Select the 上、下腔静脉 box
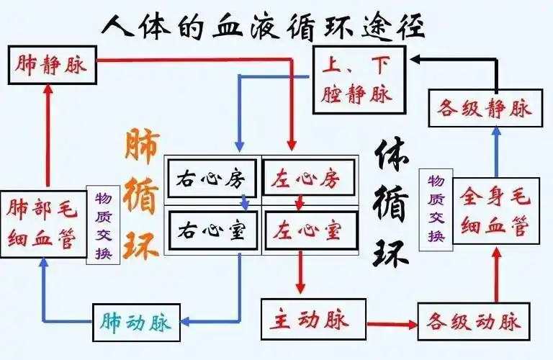pyautogui.click(x=359, y=79)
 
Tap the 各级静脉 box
pyautogui.click(x=484, y=108)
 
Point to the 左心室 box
pyautogui.click(x=310, y=230)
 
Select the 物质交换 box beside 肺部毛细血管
pyautogui.click(x=102, y=225)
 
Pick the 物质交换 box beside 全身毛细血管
pyautogui.click(x=436, y=208)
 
